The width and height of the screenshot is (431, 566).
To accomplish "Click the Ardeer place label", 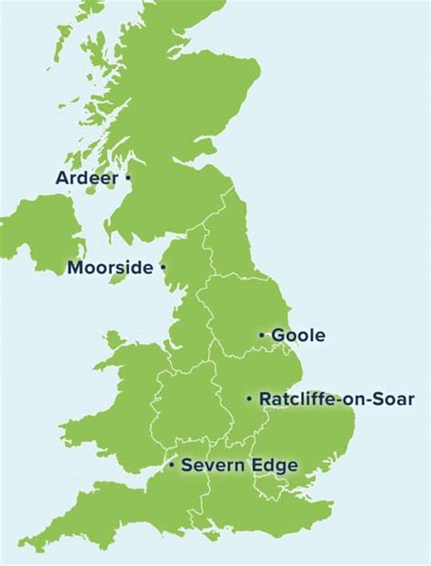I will click(x=86, y=177).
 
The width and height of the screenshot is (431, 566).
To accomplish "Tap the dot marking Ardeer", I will click(x=128, y=177).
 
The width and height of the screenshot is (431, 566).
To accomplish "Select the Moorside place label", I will click(x=110, y=268).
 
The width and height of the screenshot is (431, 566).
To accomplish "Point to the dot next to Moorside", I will click(x=163, y=268).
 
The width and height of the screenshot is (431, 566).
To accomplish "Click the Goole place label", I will click(x=298, y=336).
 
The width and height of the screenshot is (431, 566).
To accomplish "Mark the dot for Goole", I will click(x=262, y=336).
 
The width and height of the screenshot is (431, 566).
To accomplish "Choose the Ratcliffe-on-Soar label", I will click(x=336, y=399).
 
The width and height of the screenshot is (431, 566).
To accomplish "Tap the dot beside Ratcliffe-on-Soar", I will click(x=249, y=399).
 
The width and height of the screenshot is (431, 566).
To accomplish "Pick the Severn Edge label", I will click(x=239, y=466).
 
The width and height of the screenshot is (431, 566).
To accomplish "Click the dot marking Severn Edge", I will click(x=171, y=466).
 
